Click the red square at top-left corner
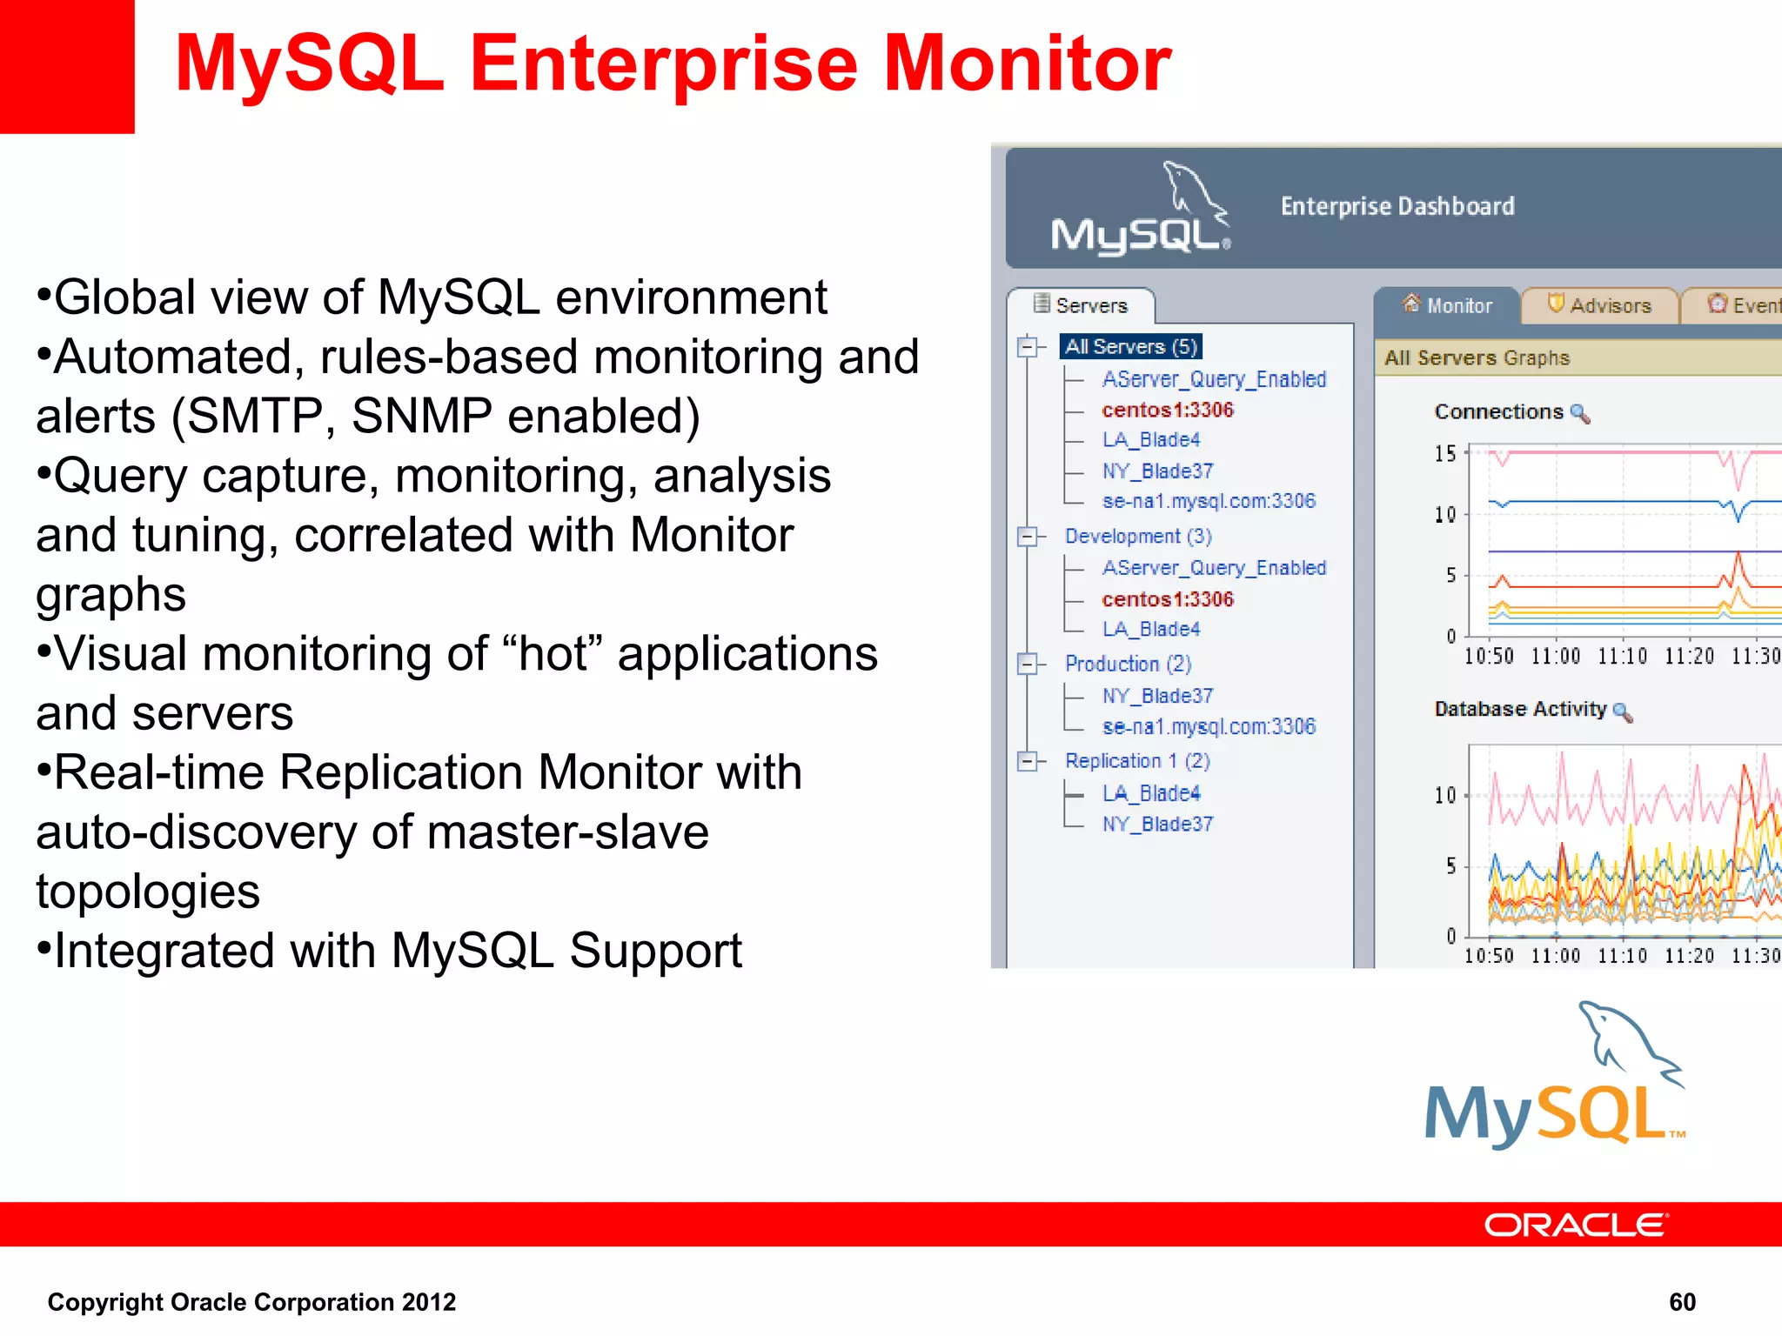[x=66, y=65]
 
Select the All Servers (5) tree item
[x=1130, y=346]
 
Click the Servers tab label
[x=1090, y=305]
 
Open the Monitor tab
[x=1457, y=305]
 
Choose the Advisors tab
[x=1610, y=305]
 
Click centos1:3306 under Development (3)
[x=1167, y=598]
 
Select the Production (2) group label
[x=1127, y=664]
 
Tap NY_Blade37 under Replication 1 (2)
[x=1156, y=824]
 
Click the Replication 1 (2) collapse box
[x=1028, y=761]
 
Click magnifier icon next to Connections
[x=1580, y=414]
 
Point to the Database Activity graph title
[x=1519, y=709]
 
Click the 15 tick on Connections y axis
[x=1444, y=453]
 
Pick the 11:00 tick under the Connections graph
[x=1555, y=657]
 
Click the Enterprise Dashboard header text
[x=1397, y=206]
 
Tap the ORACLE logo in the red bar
[x=1575, y=1225]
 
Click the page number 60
[x=1681, y=1302]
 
